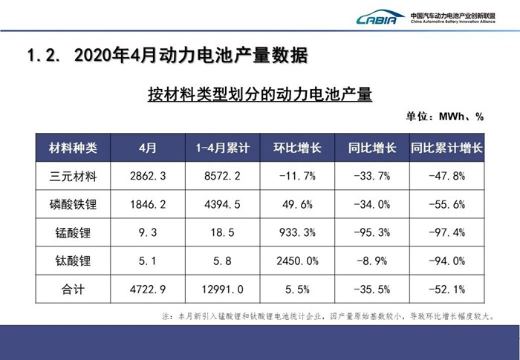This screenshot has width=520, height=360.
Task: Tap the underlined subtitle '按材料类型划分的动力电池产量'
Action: (259, 94)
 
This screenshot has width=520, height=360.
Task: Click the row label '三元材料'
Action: (72, 177)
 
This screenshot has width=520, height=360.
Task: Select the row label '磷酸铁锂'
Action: (72, 204)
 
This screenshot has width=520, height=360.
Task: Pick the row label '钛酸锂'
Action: (72, 261)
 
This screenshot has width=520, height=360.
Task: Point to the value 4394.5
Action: (222, 204)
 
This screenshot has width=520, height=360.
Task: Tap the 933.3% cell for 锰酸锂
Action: (297, 232)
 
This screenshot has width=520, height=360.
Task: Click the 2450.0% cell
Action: (297, 261)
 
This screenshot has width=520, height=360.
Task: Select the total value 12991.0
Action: (222, 289)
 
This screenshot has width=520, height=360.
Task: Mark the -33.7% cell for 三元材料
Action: (371, 177)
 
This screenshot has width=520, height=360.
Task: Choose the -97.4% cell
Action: (446, 232)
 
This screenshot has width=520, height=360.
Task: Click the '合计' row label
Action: (72, 289)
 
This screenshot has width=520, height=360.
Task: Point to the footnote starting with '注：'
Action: (328, 315)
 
